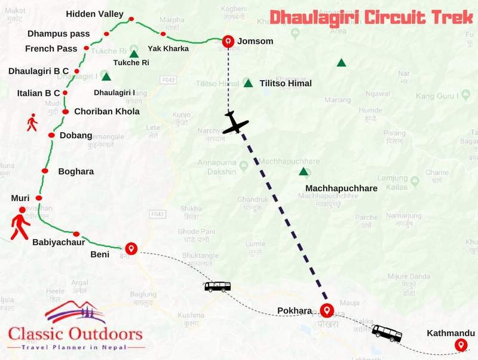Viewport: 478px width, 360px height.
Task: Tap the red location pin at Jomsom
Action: [228, 41]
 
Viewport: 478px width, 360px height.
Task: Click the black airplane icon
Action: [235, 123]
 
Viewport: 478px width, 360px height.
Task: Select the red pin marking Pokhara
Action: [326, 310]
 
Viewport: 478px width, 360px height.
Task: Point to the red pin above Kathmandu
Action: [460, 344]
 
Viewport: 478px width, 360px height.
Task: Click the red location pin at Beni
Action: [131, 248]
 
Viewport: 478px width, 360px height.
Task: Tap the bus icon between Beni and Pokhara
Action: [217, 286]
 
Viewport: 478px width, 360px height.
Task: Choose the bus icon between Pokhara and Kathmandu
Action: [387, 333]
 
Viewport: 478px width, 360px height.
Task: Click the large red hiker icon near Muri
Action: [20, 223]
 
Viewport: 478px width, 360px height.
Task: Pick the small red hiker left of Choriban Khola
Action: [32, 123]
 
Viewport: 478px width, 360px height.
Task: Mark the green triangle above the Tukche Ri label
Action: [134, 54]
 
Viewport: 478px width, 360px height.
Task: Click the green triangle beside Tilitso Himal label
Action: [248, 83]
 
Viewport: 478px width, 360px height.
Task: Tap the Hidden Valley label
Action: [94, 14]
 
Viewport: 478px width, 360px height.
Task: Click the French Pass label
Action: [51, 48]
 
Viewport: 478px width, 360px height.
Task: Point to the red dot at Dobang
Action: [51, 136]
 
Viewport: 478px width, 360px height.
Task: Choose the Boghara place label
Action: [76, 172]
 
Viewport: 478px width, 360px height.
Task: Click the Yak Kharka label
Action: [168, 48]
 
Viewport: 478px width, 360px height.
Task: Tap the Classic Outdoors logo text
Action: [75, 334]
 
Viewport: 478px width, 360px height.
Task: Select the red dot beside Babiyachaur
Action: [76, 234]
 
